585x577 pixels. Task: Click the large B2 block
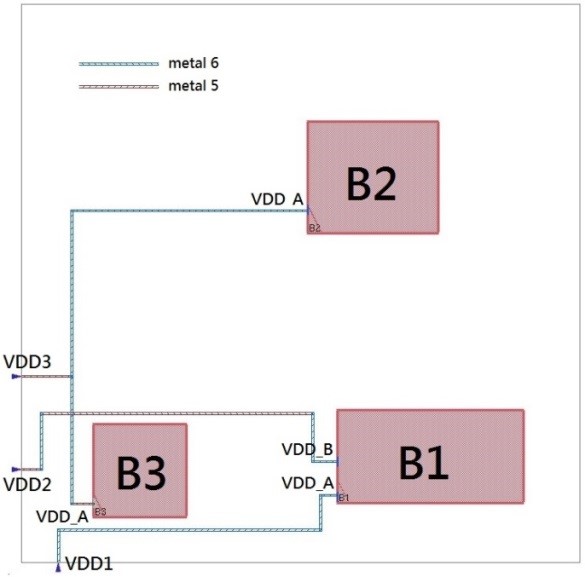tap(373, 177)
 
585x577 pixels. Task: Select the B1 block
tap(430, 457)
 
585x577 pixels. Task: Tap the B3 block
tap(140, 470)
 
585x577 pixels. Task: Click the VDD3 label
tap(27, 362)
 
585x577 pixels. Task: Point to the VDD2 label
tap(27, 485)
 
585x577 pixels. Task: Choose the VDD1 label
tap(89, 564)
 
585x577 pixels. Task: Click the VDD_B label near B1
tap(307, 449)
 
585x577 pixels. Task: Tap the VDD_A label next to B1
tap(308, 483)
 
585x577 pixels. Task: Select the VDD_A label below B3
tap(62, 517)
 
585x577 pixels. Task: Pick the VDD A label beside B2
tap(277, 199)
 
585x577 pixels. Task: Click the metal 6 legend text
tap(193, 63)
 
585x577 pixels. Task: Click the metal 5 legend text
tap(193, 86)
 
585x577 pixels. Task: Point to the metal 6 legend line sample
tap(119, 64)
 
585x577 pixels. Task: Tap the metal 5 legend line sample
tap(119, 87)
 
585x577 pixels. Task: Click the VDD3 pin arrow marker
tap(16, 376)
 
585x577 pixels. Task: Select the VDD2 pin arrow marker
tap(16, 469)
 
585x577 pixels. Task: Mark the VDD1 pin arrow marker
tap(58, 568)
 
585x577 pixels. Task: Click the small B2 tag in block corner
tap(315, 228)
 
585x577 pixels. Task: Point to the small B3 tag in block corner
tap(100, 512)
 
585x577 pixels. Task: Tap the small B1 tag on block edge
tap(344, 498)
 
